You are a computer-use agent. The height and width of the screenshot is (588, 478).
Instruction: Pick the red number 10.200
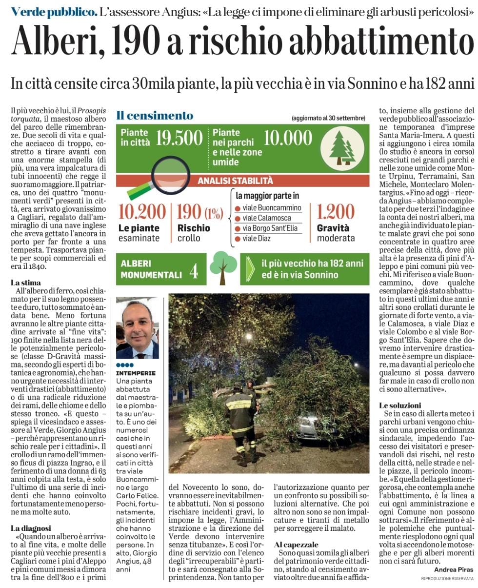coord(142,212)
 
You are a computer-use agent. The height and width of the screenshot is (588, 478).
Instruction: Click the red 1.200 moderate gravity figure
coord(336,212)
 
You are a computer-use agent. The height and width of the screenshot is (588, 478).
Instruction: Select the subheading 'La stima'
coord(26,283)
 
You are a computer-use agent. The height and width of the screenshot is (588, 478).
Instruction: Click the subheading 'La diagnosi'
coord(31,528)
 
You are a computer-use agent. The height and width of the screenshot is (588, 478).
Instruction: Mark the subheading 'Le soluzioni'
coord(400,405)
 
